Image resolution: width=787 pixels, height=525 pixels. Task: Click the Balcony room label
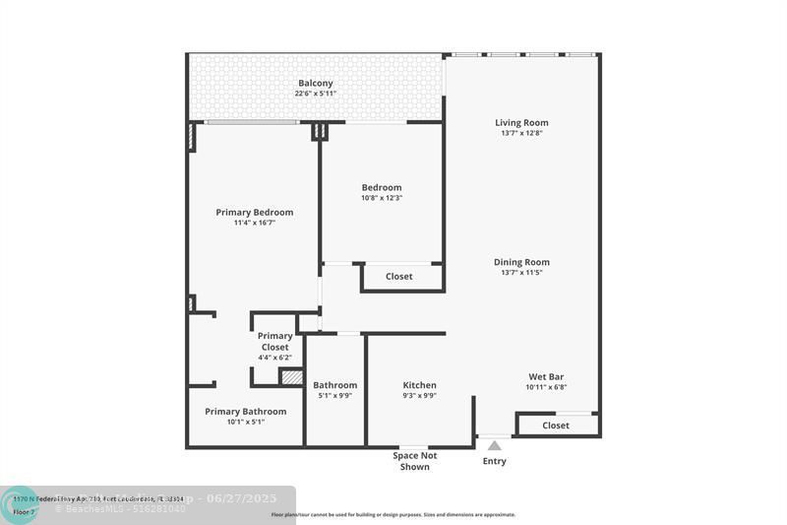click(315, 83)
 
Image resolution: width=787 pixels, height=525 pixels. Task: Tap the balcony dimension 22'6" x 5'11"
click(315, 94)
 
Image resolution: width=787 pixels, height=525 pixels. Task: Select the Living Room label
click(521, 123)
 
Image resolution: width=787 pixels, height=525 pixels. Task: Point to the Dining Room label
click(521, 262)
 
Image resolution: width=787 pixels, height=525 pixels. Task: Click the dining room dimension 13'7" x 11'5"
click(521, 273)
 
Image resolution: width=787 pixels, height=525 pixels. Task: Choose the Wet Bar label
click(546, 376)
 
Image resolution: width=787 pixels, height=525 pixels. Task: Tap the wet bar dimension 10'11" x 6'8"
click(546, 387)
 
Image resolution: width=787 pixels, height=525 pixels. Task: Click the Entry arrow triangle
click(494, 446)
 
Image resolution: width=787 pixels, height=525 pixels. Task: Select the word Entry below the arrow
click(494, 461)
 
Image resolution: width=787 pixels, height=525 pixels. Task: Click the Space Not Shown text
click(414, 461)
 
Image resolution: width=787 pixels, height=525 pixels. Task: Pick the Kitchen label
click(419, 385)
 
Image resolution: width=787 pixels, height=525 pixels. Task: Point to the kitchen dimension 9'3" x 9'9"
click(419, 396)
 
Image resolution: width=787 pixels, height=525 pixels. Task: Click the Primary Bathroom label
click(246, 412)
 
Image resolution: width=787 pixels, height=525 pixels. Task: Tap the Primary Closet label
click(274, 342)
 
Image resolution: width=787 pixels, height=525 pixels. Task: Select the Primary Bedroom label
click(255, 212)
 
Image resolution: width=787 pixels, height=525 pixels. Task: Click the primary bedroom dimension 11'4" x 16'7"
click(255, 223)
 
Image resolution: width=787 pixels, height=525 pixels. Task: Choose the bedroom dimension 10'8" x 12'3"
click(382, 198)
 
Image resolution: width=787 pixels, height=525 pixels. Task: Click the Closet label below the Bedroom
click(399, 277)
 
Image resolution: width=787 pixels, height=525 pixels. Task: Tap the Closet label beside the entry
click(556, 426)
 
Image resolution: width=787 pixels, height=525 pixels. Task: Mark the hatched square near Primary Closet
click(291, 376)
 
